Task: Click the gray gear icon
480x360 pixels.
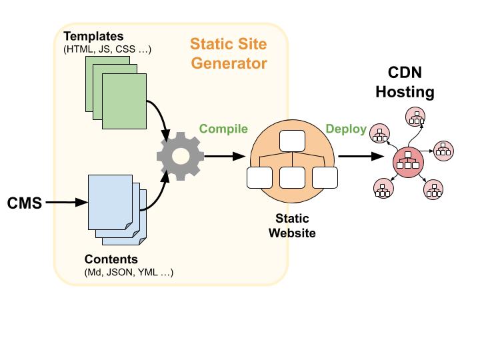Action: [x=179, y=157]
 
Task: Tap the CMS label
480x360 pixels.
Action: [x=25, y=203]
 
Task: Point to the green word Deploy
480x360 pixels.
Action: [x=345, y=129]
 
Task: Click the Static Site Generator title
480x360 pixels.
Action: [x=229, y=54]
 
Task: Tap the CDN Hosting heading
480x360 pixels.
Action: [x=405, y=83]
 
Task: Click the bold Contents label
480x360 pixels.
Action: [x=111, y=259]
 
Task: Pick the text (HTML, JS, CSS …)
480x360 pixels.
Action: [x=108, y=49]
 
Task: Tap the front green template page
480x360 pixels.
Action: [x=124, y=101]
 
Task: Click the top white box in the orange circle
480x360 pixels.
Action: [x=291, y=142]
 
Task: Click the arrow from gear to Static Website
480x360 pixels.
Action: [x=223, y=157]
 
